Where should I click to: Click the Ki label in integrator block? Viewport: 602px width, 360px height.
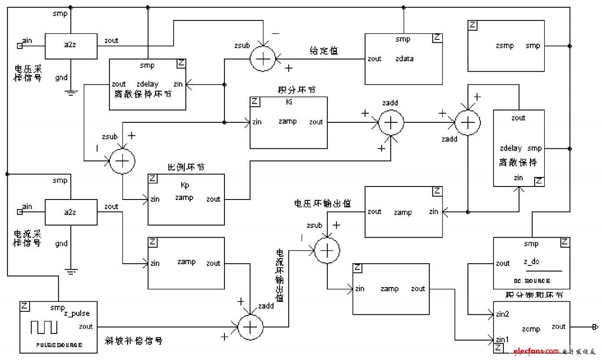tap(289, 102)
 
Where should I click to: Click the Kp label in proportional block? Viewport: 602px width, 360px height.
tap(185, 185)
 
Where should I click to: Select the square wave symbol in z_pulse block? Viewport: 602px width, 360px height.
tap(44, 328)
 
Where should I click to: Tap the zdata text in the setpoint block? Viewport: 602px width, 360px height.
tap(404, 59)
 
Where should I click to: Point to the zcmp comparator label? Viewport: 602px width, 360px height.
tap(531, 329)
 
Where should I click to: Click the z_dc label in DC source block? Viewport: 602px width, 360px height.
tap(531, 262)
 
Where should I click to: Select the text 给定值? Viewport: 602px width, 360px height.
tap(324, 51)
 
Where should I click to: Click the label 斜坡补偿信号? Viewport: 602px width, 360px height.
tap(134, 340)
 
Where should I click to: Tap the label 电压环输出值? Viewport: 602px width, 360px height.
tap(322, 203)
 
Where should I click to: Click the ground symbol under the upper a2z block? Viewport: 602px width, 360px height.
tap(71, 92)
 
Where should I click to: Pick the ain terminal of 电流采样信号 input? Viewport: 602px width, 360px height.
tap(20, 212)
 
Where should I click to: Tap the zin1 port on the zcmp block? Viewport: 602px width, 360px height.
tap(502, 338)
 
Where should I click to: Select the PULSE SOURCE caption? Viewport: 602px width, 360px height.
tap(58, 345)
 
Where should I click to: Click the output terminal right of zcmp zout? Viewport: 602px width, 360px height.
tap(595, 327)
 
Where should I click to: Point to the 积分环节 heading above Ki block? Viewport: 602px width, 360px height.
tap(296, 90)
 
